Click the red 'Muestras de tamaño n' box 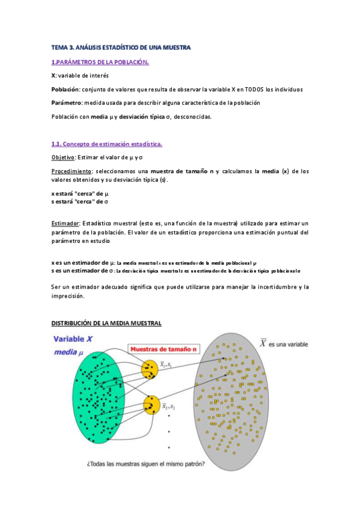(x=164, y=348)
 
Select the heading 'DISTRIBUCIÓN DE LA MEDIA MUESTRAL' (x=106, y=323)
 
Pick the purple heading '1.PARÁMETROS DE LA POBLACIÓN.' (x=100, y=62)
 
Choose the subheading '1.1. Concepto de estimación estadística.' (x=106, y=144)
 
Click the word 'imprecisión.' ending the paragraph (x=69, y=296)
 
